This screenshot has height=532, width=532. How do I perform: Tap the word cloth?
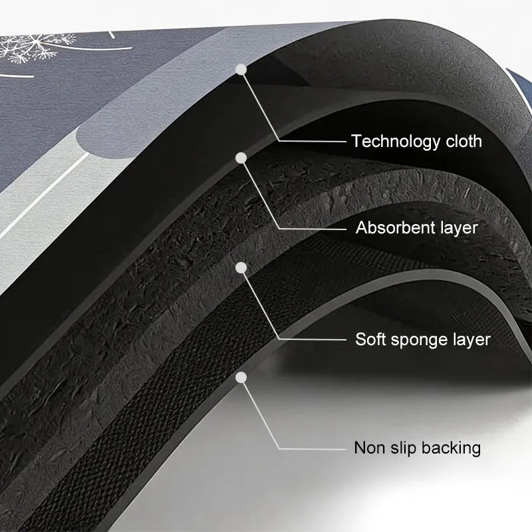pyautogui.click(x=464, y=141)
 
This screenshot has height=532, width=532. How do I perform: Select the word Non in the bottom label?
pyautogui.click(x=369, y=448)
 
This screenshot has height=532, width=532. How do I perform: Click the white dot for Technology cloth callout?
pyautogui.click(x=241, y=70)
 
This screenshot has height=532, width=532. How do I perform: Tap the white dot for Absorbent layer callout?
pyautogui.click(x=241, y=158)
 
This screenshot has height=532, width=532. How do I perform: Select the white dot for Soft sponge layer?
pyautogui.click(x=241, y=268)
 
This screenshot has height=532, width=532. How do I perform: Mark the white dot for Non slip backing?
pyautogui.click(x=241, y=377)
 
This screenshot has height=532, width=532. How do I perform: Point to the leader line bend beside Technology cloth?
pyautogui.click(x=279, y=141)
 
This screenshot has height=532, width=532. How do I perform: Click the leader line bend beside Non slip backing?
pyautogui.click(x=279, y=448)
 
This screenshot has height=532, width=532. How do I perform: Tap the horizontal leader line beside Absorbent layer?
pyautogui.click(x=313, y=229)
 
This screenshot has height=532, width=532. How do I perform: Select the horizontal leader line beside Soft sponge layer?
pyautogui.click(x=313, y=339)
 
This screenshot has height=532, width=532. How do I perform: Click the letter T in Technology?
pyautogui.click(x=356, y=141)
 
